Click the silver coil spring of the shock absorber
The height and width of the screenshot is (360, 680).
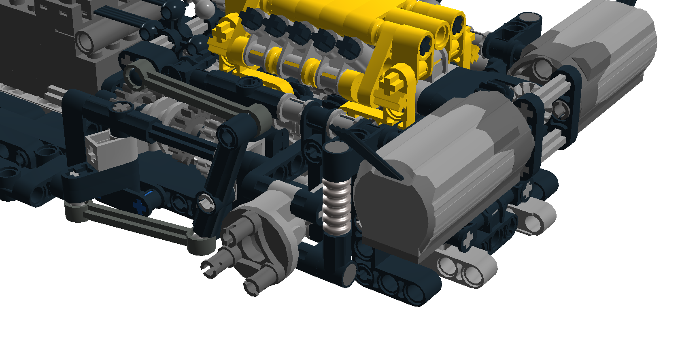point(336,207)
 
